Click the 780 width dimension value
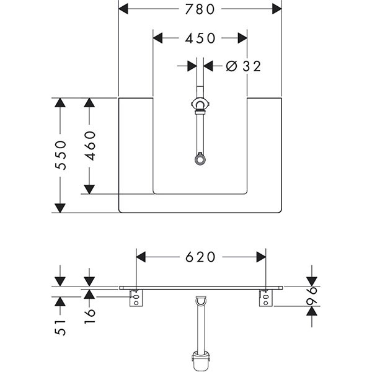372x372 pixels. coord(200,9)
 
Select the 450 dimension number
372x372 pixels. coord(200,38)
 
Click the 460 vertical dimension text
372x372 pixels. coord(90,146)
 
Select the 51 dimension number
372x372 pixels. coord(60,327)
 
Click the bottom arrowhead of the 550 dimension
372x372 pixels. coord(60,207)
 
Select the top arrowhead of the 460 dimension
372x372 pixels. coord(90,104)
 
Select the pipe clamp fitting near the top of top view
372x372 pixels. coord(200,107)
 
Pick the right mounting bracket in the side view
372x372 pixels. coord(265,300)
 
